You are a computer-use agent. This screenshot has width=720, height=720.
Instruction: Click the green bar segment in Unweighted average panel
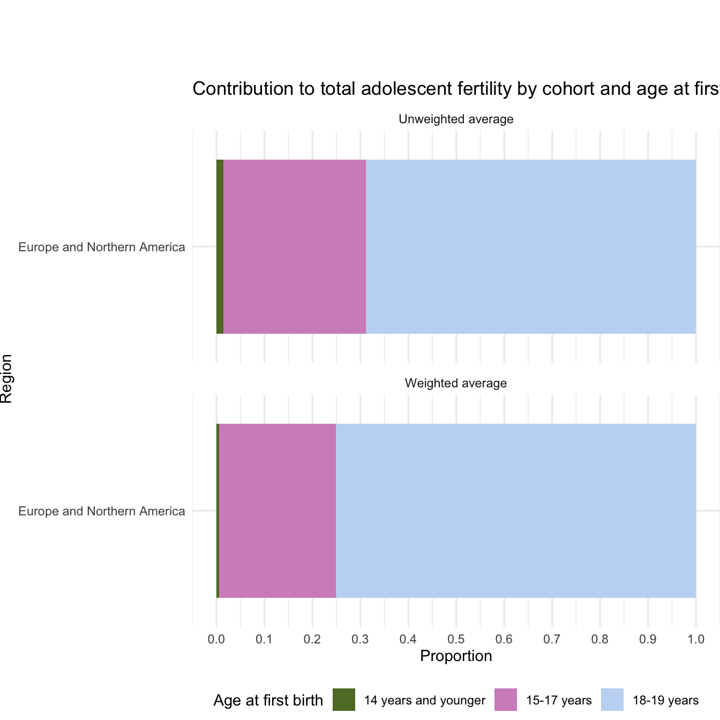(x=220, y=246)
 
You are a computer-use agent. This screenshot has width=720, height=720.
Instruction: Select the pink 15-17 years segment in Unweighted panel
(x=294, y=246)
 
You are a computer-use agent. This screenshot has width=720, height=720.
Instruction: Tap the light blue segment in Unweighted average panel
(x=530, y=246)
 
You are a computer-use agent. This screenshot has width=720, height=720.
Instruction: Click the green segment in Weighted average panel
(x=217, y=511)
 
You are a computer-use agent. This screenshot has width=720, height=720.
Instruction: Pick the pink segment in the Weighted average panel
(x=277, y=511)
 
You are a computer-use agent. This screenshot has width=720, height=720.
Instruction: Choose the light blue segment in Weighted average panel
(x=515, y=511)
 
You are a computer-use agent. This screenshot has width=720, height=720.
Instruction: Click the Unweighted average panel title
(x=456, y=119)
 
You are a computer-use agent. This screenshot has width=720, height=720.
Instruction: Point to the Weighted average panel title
(x=456, y=383)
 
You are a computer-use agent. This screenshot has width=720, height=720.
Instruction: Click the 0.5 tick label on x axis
(x=456, y=639)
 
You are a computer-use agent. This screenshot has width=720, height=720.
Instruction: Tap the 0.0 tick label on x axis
(x=216, y=639)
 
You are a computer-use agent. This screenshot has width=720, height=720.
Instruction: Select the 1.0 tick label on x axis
(x=696, y=639)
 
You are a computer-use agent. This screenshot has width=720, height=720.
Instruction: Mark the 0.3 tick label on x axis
(x=360, y=639)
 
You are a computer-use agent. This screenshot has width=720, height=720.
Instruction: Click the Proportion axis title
(x=456, y=656)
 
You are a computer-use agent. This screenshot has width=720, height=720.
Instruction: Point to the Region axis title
(x=6, y=378)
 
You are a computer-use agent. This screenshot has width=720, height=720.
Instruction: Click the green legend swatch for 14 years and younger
(x=344, y=700)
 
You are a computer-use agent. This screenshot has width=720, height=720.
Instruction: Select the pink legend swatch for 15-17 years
(x=506, y=700)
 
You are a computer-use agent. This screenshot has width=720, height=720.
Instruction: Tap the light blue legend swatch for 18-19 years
(x=612, y=700)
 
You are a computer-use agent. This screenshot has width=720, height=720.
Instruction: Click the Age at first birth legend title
(x=268, y=700)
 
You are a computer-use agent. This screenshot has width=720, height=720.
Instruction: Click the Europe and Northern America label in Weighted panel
(x=102, y=511)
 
